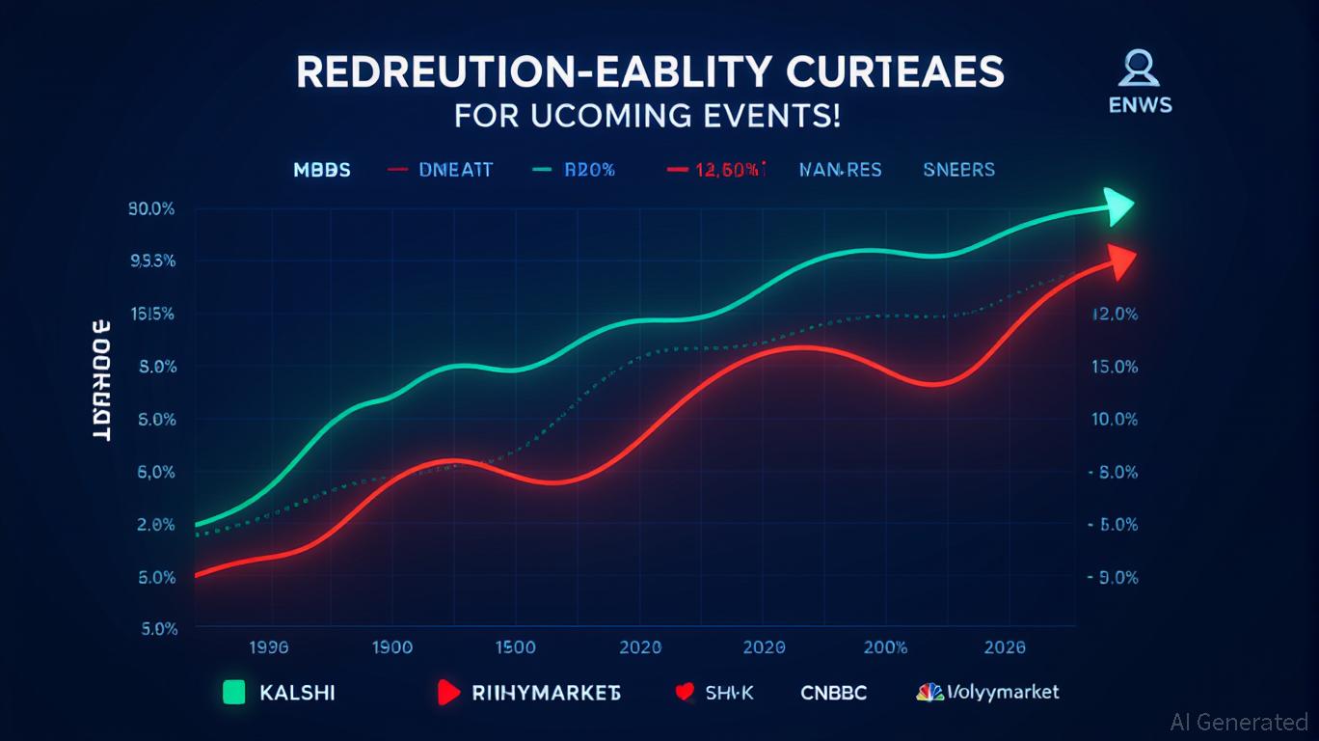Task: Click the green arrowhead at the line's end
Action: [x=1118, y=206]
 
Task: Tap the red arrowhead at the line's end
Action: [x=1121, y=260]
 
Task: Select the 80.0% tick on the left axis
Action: [x=150, y=209]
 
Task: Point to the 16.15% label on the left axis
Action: [x=150, y=315]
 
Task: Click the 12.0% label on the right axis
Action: [x=1115, y=315]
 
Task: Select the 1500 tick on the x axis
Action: [x=514, y=648]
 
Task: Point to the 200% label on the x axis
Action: [x=885, y=648]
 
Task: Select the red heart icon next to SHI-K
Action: [x=686, y=692]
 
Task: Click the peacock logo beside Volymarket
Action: [x=929, y=692]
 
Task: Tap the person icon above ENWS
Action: [x=1139, y=69]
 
